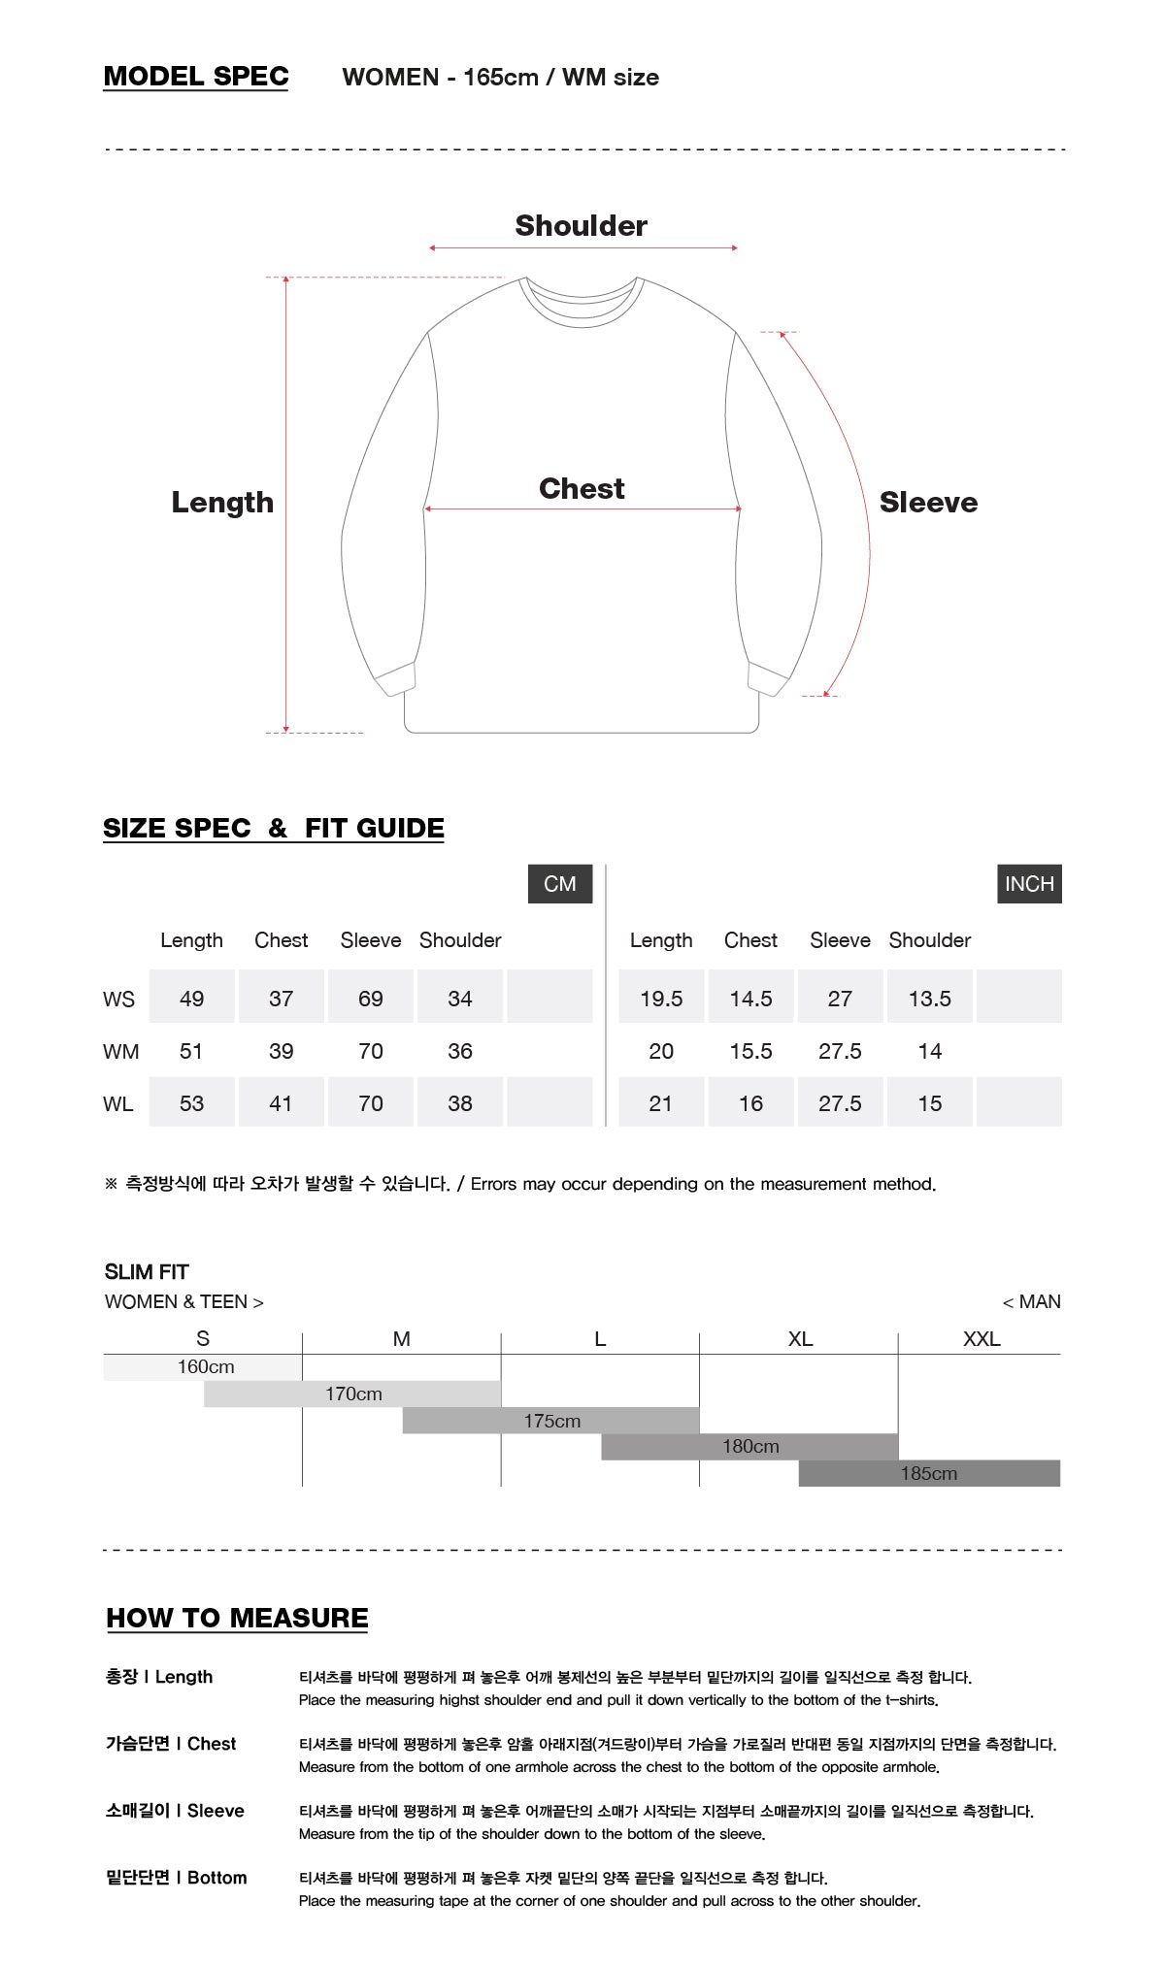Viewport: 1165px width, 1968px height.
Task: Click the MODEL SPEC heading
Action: pyautogui.click(x=196, y=77)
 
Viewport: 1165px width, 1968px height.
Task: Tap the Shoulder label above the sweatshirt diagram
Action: pyautogui.click(x=581, y=226)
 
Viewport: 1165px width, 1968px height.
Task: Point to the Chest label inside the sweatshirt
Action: pyautogui.click(x=582, y=489)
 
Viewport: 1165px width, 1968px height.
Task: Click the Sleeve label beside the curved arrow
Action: pyautogui.click(x=928, y=503)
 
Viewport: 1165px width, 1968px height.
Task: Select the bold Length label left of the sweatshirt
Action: pyautogui.click(x=222, y=503)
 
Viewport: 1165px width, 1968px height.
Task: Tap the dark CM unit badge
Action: pyautogui.click(x=560, y=884)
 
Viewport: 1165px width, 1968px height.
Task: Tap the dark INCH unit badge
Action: pyautogui.click(x=1029, y=884)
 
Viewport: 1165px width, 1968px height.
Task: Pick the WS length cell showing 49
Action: pyautogui.click(x=191, y=999)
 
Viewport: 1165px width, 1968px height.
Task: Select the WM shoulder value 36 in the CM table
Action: pyautogui.click(x=460, y=1051)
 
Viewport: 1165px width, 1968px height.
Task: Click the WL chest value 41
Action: pyautogui.click(x=281, y=1103)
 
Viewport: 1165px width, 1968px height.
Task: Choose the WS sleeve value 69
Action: pyautogui.click(x=371, y=999)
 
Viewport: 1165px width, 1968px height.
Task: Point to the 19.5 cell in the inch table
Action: pyautogui.click(x=661, y=999)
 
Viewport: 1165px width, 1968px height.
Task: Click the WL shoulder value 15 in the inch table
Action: pyautogui.click(x=930, y=1103)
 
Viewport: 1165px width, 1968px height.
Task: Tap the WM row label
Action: pyautogui.click(x=120, y=1052)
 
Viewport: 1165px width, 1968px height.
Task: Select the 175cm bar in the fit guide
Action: pyautogui.click(x=551, y=1421)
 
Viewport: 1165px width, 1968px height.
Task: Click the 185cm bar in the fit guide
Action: pyautogui.click(x=929, y=1473)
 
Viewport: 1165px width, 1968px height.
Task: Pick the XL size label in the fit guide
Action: pyautogui.click(x=800, y=1339)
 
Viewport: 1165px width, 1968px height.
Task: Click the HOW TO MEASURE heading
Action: pyautogui.click(x=237, y=1618)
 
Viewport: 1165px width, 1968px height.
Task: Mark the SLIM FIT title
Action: pyautogui.click(x=147, y=1272)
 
